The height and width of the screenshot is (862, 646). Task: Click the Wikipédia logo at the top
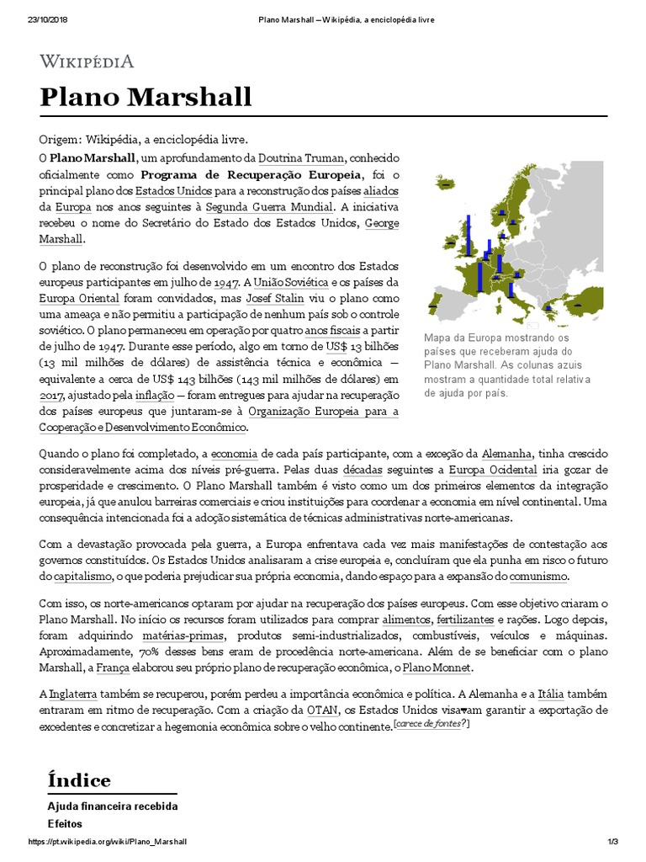[x=87, y=61]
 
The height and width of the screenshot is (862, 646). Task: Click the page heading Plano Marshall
[x=146, y=97]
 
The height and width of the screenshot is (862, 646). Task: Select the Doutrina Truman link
[x=288, y=157]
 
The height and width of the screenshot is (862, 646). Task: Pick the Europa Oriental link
[x=80, y=298]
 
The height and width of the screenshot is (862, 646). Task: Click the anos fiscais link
[x=332, y=330]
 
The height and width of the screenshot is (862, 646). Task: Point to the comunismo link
[x=538, y=577]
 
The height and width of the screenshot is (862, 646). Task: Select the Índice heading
[x=79, y=780]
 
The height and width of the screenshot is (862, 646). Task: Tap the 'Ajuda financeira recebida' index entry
[x=113, y=806]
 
